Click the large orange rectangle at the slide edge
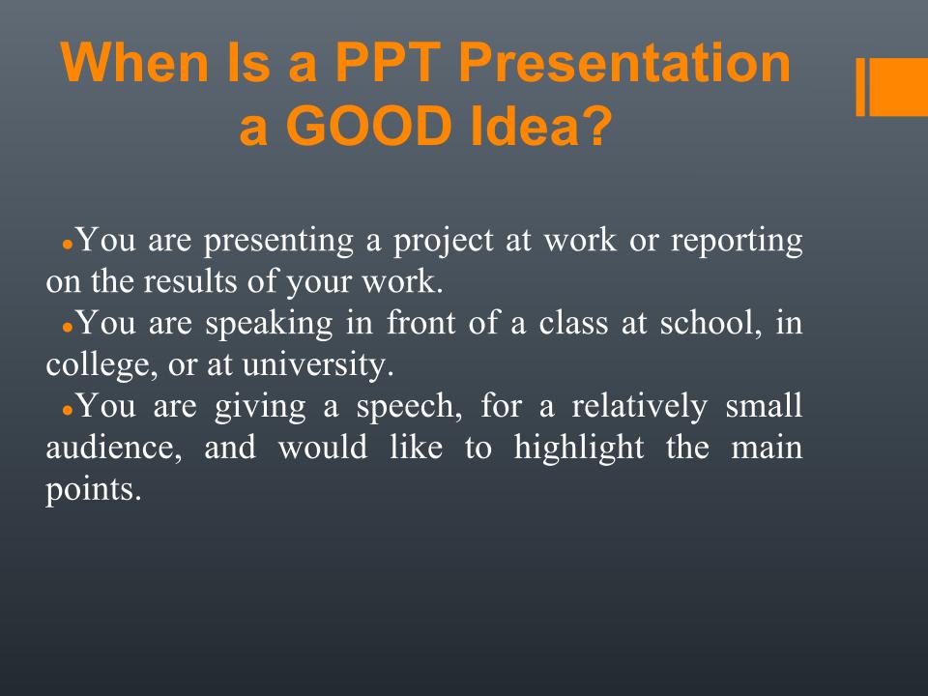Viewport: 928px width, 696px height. pos(898,87)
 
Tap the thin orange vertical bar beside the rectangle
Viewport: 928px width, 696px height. pos(860,87)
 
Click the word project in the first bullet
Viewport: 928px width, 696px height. pos(444,243)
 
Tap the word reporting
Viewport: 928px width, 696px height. pos(737,243)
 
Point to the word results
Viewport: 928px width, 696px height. pos(190,281)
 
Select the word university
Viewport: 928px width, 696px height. pos(318,364)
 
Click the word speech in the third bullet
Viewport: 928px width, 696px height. pos(409,407)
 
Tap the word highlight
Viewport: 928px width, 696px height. pos(579,448)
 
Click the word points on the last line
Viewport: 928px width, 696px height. pos(94,490)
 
